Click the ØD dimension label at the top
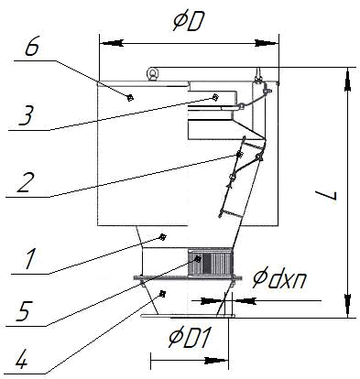click(188, 22)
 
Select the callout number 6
click(32, 48)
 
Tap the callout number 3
click(27, 116)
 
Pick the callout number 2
click(25, 182)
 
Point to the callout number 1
click(31, 259)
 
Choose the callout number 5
click(24, 311)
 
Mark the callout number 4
click(22, 358)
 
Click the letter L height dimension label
click(326, 195)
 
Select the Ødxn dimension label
click(279, 278)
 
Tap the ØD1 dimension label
click(190, 338)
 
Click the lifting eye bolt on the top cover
click(151, 73)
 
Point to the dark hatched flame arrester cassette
click(209, 261)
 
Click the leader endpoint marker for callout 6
click(130, 98)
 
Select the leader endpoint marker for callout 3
click(215, 97)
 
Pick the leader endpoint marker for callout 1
click(163, 236)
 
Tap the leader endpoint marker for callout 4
click(163, 294)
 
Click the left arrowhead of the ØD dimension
click(112, 43)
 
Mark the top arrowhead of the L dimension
click(347, 80)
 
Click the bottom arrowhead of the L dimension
click(347, 306)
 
